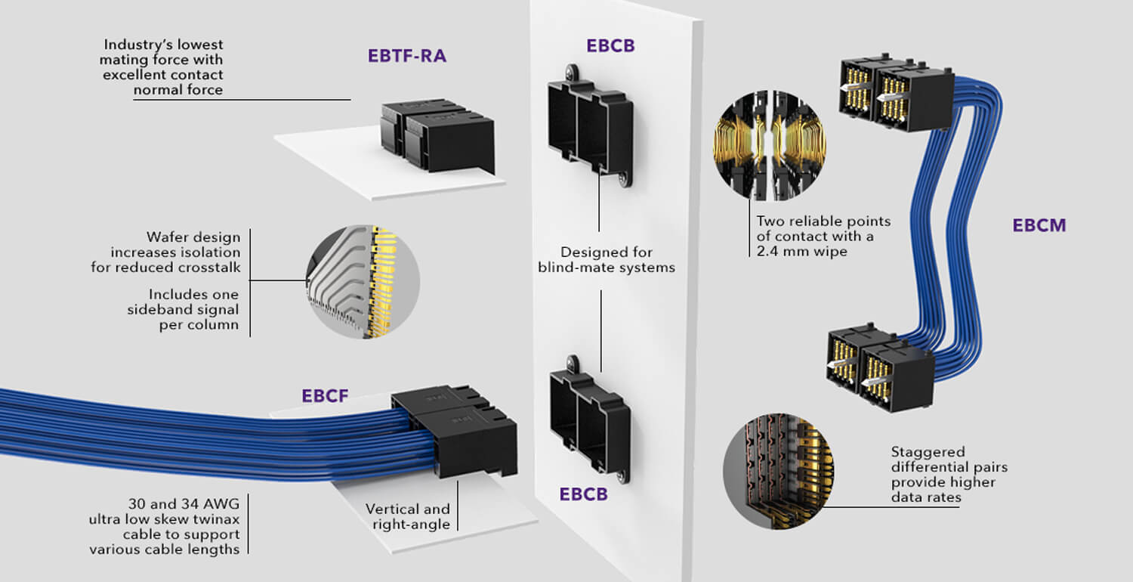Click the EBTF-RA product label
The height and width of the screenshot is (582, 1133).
407,55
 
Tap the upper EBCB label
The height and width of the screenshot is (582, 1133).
610,45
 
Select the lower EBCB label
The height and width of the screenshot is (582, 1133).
583,494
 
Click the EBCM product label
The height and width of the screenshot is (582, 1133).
1039,225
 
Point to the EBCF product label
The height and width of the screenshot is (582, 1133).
325,395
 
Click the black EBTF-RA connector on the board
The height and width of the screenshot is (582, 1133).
438,136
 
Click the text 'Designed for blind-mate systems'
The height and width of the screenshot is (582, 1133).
607,259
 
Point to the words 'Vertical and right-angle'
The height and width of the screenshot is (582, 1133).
407,516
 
